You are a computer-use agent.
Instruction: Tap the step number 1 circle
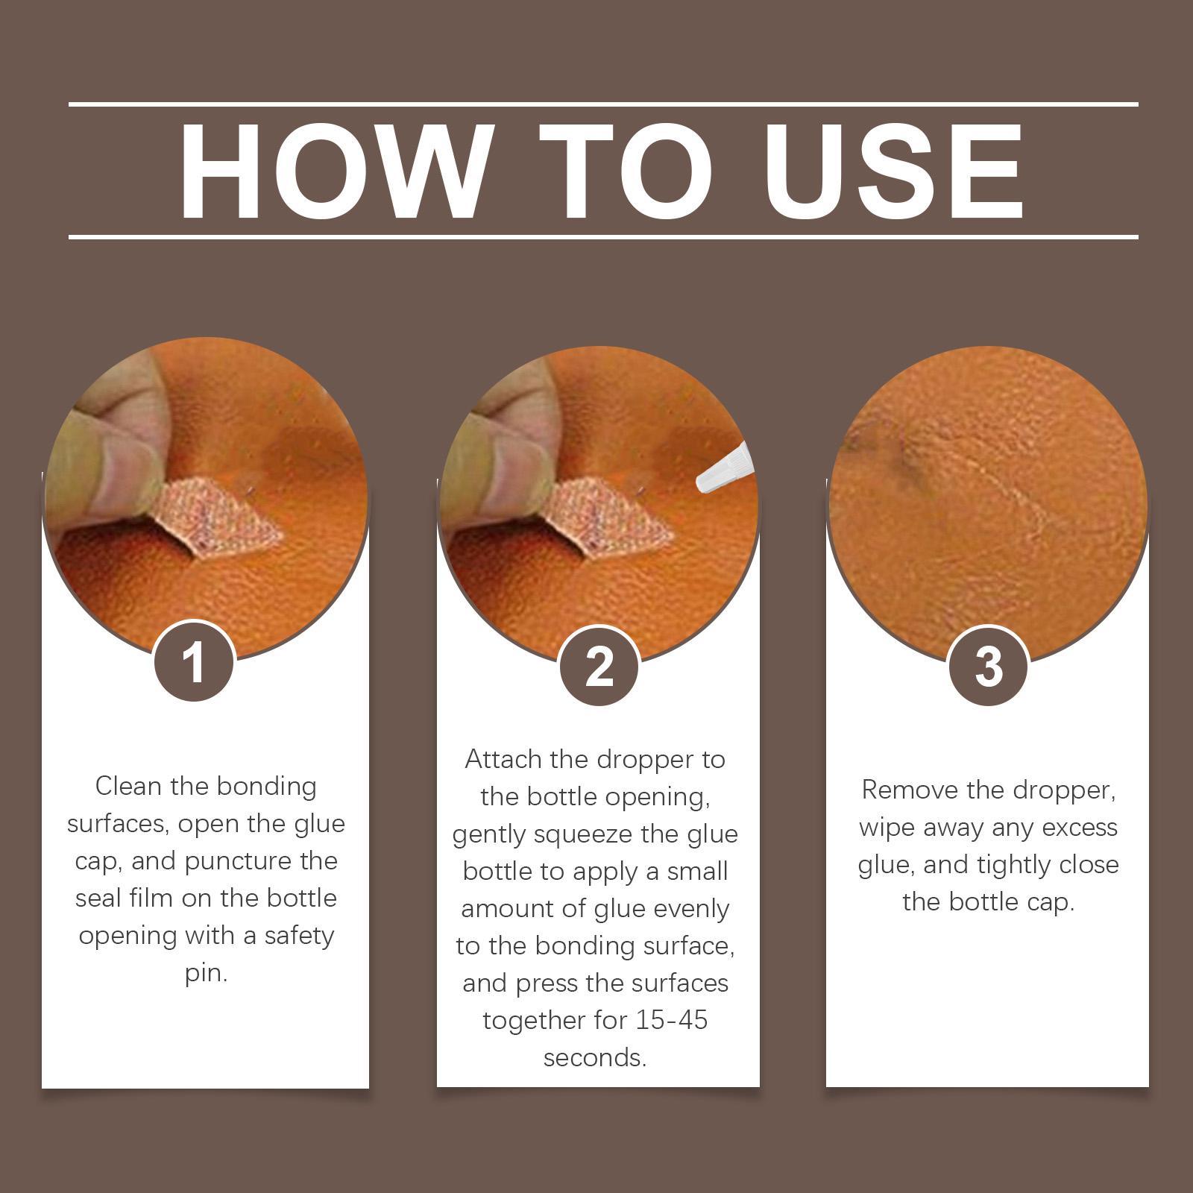click(194, 661)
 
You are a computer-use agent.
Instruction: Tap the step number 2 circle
click(599, 666)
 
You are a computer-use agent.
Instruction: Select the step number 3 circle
click(988, 666)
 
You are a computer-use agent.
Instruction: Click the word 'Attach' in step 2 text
click(503, 759)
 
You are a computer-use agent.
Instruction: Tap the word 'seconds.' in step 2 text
click(595, 1057)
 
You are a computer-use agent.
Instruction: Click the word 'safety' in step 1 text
click(300, 937)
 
